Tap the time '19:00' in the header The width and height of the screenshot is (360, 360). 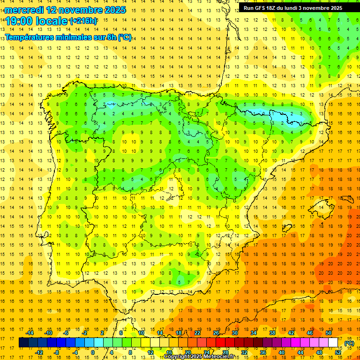pos(19,21)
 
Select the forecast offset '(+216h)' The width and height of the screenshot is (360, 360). pos(83,21)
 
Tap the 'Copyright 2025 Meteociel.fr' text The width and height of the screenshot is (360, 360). pos(199,357)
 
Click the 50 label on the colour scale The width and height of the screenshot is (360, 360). pos(329,333)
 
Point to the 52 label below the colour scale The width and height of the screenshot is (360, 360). pos(338,352)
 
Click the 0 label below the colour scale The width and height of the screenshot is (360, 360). pos(93,352)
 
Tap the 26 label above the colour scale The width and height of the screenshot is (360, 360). pos(216,333)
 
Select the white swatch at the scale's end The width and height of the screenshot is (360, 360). pos(333,343)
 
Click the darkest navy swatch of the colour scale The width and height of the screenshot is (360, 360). pos(23,343)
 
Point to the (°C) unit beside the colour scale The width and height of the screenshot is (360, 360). pos(349,343)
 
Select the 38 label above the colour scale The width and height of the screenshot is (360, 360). pos(272,333)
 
